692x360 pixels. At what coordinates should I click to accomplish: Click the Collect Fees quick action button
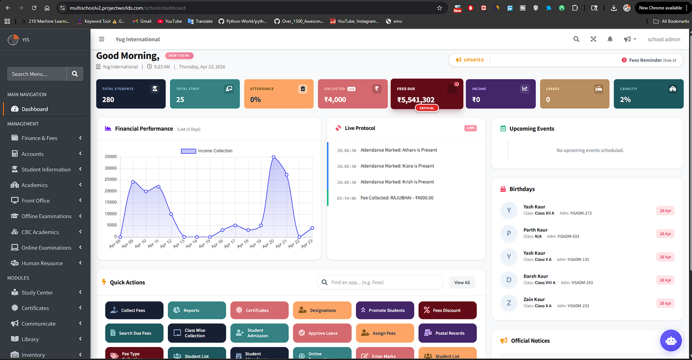coord(134,310)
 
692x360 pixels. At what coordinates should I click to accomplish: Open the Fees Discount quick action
coord(447,310)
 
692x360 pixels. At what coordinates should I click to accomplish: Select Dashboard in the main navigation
coord(35,109)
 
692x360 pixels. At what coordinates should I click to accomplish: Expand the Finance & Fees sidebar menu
coord(39,138)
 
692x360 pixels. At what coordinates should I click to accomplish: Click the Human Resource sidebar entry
coord(42,263)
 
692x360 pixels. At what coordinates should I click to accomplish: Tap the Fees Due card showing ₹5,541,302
coord(426,94)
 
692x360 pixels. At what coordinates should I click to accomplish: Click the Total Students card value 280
coord(108,100)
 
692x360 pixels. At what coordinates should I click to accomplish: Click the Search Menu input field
coord(37,74)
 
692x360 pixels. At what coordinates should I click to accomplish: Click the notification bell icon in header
coord(610,39)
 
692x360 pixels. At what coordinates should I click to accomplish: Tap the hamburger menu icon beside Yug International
coord(102,39)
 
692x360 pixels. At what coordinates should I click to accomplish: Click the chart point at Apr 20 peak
coord(273,157)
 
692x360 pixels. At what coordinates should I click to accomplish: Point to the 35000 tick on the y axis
coord(111,157)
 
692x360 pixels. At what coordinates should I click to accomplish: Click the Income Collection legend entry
coord(207,151)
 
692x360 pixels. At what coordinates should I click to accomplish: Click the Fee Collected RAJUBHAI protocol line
coord(397,198)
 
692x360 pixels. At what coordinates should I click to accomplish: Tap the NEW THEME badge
coord(179,56)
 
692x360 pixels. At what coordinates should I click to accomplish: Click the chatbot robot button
coord(671,341)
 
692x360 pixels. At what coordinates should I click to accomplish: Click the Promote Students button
coord(384,310)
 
